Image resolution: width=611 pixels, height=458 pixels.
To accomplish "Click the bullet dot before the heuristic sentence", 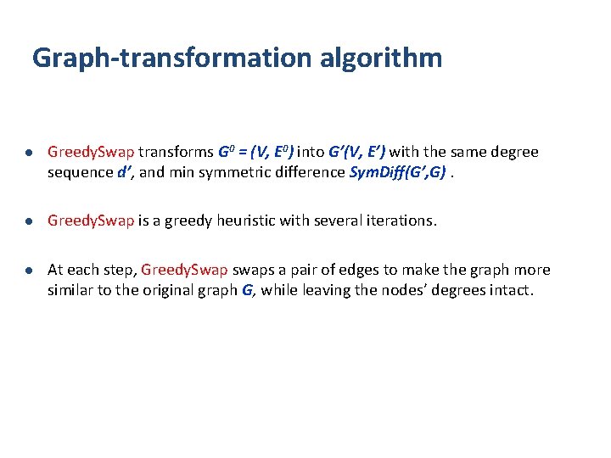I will pyautogui.click(x=28, y=221).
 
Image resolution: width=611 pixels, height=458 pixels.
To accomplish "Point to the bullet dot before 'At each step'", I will pyautogui.click(x=28, y=271).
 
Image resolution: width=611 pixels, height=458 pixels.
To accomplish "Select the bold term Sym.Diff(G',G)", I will pyautogui.click(x=398, y=171).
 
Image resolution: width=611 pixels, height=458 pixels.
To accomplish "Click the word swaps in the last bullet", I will pyautogui.click(x=252, y=270).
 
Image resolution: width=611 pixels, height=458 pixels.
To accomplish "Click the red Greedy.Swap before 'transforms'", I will pyautogui.click(x=91, y=153).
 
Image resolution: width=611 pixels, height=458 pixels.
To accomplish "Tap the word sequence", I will pyautogui.click(x=80, y=171).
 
